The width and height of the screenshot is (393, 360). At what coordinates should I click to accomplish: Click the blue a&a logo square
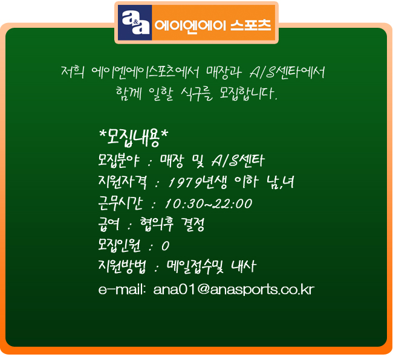coord(135,22)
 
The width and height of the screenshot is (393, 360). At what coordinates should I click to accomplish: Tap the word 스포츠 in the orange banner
coord(251,25)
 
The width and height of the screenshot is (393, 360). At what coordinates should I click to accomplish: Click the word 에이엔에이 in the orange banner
coord(190,25)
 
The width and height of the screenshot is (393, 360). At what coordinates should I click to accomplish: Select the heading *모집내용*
coord(134,137)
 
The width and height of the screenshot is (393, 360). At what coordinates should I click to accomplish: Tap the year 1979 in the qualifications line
coord(184,182)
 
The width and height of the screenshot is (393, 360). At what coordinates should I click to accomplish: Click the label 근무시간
coord(120,203)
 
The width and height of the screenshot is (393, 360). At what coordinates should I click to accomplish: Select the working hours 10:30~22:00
coord(209,204)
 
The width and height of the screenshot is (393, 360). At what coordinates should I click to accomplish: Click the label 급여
coord(108,224)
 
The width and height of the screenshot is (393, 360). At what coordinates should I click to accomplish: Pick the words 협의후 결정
coord(172,224)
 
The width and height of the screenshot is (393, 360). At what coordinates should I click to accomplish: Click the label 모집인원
coord(119,245)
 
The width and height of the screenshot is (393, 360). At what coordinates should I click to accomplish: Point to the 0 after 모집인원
coord(166,246)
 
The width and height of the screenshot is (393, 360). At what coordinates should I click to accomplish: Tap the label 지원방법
coord(122,266)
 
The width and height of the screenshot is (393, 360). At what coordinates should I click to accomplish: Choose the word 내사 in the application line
coord(243,266)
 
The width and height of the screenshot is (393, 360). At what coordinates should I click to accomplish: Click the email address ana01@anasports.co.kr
coord(233,290)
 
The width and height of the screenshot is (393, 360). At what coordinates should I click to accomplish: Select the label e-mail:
coord(122,289)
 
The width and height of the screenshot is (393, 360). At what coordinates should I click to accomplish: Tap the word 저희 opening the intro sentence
coord(73,72)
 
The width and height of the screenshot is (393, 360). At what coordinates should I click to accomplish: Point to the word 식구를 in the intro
coord(197,94)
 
